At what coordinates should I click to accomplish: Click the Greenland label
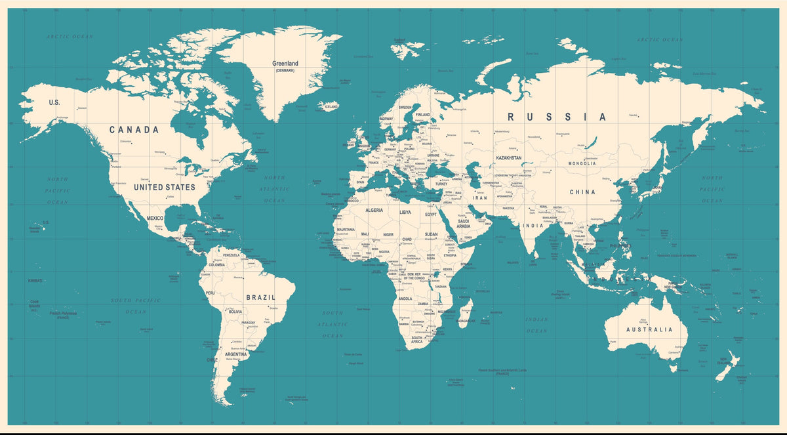(x=285, y=64)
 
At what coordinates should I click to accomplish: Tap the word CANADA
(x=134, y=130)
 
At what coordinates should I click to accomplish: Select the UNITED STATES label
(x=164, y=187)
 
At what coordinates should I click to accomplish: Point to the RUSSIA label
(x=557, y=117)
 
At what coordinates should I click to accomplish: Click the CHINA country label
(x=582, y=192)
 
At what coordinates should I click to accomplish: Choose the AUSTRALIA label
(x=649, y=329)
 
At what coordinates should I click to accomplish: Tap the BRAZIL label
(x=260, y=297)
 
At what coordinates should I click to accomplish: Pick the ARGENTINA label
(x=236, y=354)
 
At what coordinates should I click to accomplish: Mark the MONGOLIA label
(x=582, y=163)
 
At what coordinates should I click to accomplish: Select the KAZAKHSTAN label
(x=509, y=158)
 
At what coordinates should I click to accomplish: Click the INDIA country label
(x=533, y=226)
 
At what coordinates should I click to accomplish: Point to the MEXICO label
(x=155, y=218)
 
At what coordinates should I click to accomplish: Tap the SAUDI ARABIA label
(x=463, y=224)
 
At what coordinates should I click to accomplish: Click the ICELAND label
(x=331, y=106)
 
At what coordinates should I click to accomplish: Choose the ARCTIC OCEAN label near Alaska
(x=70, y=37)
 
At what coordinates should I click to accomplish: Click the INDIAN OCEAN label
(x=536, y=325)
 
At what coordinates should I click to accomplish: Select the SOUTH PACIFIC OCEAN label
(x=136, y=306)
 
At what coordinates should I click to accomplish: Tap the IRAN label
(x=480, y=197)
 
